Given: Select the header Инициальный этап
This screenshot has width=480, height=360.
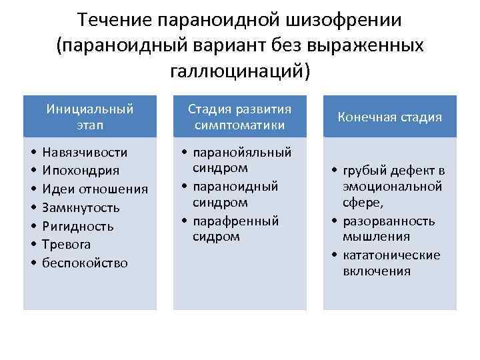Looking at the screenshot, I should (x=90, y=116).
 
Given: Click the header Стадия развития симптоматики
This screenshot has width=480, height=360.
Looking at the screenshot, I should (x=239, y=116).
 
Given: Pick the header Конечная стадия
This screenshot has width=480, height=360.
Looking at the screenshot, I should (x=390, y=117).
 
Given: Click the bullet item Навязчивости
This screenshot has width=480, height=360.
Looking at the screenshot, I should (x=84, y=153).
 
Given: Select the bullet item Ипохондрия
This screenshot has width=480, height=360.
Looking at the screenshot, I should (x=81, y=171).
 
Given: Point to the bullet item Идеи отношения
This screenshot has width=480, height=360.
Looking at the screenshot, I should (x=94, y=189).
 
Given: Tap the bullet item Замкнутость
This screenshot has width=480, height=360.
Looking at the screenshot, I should (x=81, y=207).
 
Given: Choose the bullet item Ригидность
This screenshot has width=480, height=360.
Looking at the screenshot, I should (x=78, y=226).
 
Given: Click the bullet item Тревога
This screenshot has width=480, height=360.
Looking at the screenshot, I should (x=66, y=245).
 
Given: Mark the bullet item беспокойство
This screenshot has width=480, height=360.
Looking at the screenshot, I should (x=85, y=263).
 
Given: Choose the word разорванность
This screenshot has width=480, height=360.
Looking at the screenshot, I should (x=389, y=221).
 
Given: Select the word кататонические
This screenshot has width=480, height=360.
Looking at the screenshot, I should (x=391, y=255).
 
